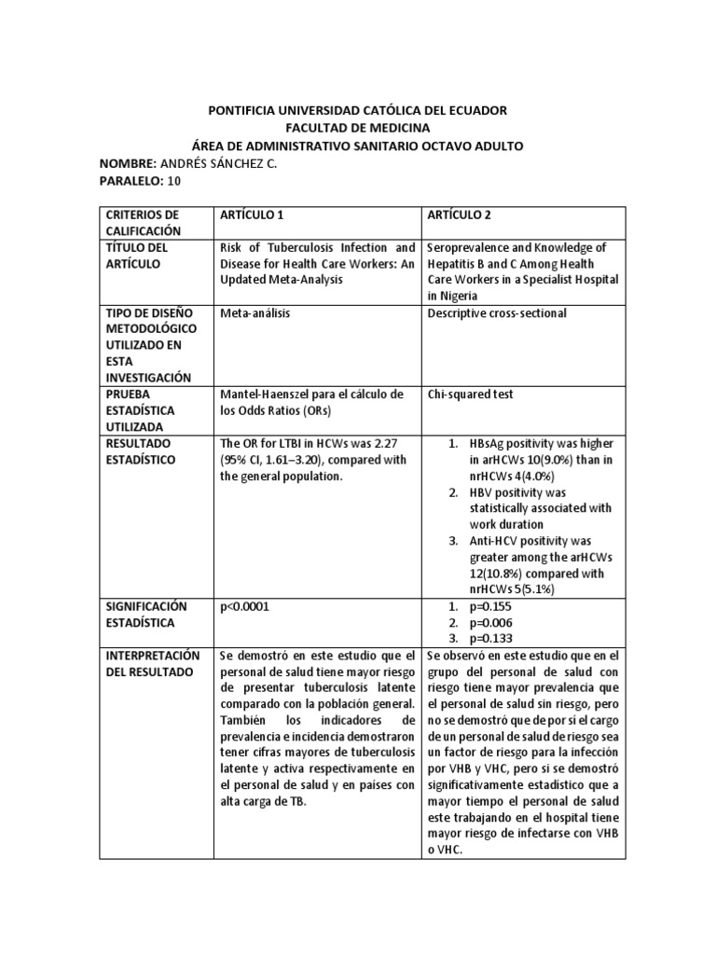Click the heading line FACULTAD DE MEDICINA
(x=357, y=128)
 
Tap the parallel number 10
(x=175, y=181)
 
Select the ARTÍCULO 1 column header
(x=251, y=215)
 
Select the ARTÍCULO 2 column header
(x=459, y=215)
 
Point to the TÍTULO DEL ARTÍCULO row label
(x=136, y=256)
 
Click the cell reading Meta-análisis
(x=255, y=312)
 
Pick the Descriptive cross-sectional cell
(x=497, y=312)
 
